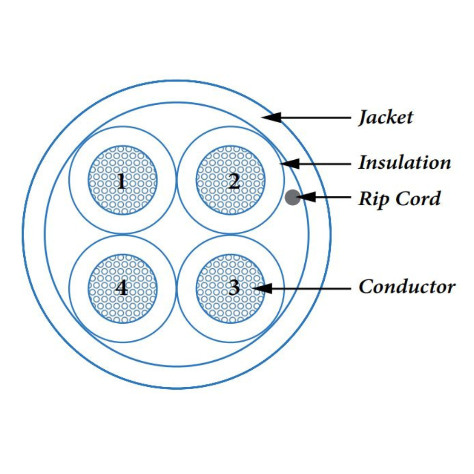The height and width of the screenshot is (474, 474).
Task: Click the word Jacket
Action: [385, 117]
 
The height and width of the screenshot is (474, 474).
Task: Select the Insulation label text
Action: [404, 163]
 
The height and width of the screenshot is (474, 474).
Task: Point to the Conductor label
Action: [407, 287]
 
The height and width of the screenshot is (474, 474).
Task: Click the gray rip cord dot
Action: [293, 197]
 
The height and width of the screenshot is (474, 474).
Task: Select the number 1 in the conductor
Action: [122, 181]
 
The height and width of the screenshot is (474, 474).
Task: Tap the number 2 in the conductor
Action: [234, 181]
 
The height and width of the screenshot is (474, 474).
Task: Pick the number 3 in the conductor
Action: [234, 288]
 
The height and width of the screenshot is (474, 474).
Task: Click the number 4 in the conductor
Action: [122, 288]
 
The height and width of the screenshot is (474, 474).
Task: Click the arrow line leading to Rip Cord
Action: [332, 197]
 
